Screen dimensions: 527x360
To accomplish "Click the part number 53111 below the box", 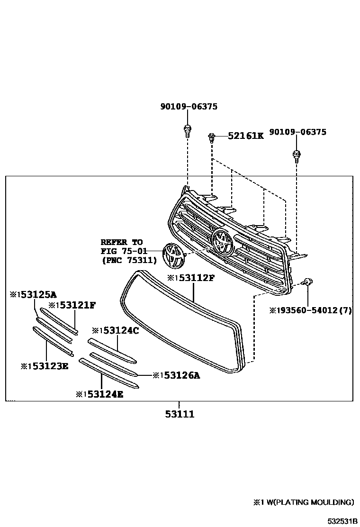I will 180,414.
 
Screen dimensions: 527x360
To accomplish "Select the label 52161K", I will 245,136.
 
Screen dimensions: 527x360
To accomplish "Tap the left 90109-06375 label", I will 189,107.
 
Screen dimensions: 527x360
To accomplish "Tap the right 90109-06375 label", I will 297,132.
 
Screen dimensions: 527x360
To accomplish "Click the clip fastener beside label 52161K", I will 212,137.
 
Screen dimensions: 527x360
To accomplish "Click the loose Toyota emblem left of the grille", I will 172,256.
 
